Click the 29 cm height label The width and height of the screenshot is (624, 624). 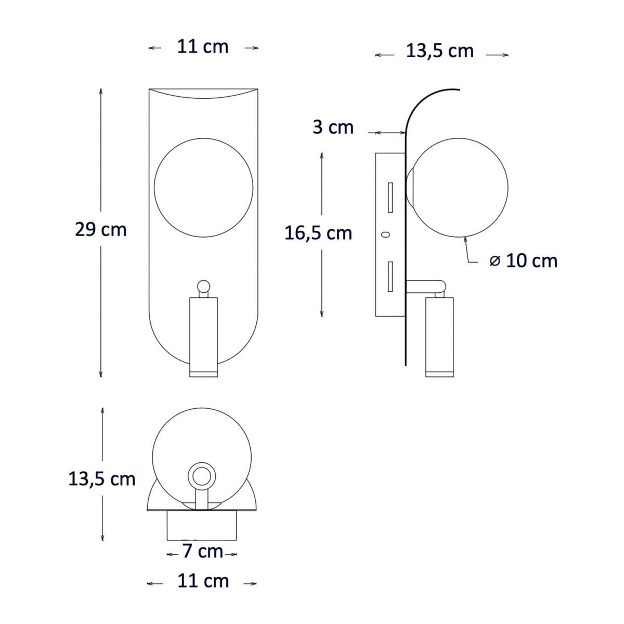(101, 229)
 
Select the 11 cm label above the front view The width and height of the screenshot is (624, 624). (203, 47)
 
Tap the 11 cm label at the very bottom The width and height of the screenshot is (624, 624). (203, 581)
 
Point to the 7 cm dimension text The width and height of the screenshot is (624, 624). (202, 551)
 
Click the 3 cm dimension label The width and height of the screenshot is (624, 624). (333, 127)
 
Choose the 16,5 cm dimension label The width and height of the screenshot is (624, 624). (318, 233)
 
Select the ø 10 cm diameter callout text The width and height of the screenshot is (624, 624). (524, 261)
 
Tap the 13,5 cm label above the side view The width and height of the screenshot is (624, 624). (440, 51)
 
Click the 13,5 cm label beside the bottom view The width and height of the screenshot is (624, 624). (102, 479)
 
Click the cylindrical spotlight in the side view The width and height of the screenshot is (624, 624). (439, 335)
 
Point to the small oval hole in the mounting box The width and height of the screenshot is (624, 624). (385, 235)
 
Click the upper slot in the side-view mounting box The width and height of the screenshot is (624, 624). (389, 197)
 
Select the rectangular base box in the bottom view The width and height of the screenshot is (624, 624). (202, 526)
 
